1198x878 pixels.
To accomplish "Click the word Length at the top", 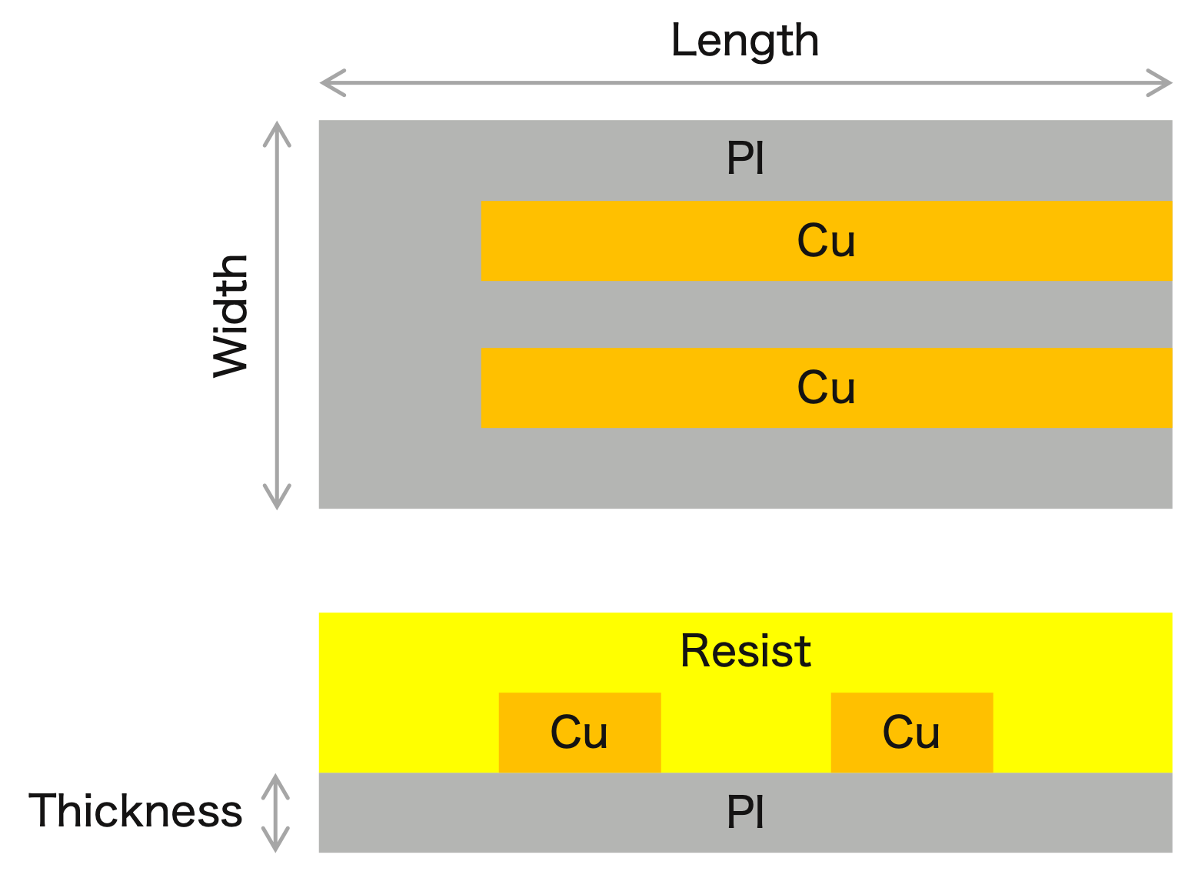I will (x=744, y=41).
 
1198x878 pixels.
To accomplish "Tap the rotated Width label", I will (x=231, y=315).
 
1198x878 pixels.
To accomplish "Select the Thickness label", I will (x=135, y=811).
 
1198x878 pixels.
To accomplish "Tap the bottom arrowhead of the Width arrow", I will (x=277, y=497).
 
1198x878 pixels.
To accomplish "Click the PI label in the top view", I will (x=745, y=159).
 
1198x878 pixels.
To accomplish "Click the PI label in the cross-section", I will (x=745, y=813).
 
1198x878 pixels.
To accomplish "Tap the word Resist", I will (x=745, y=651).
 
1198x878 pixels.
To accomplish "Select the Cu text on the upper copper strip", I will (x=826, y=241).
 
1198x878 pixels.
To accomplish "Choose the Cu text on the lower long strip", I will (x=826, y=387).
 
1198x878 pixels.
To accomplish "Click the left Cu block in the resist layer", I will (x=580, y=732).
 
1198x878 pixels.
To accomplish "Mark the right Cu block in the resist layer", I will (x=911, y=732).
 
